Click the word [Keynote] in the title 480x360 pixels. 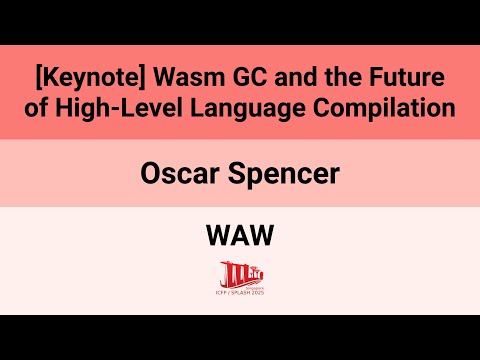[x=85, y=77]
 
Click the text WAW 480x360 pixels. [x=240, y=238]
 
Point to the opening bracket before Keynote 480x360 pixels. [x=37, y=77]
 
